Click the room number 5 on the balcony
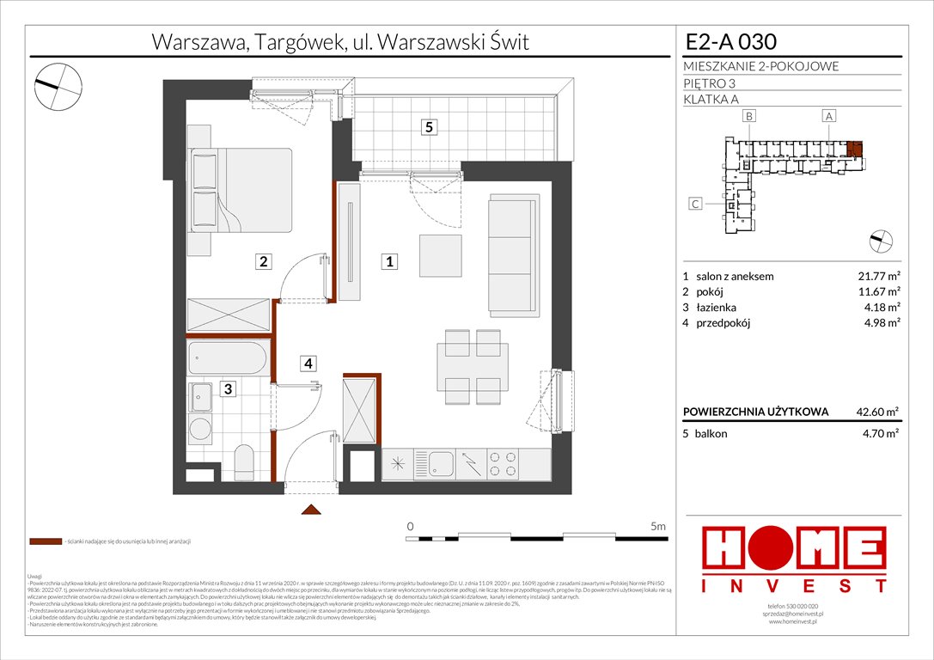pos(430,127)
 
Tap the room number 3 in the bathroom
pos(228,389)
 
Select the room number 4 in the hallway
pos(308,364)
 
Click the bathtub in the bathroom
pos(229,357)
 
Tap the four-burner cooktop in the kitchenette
pos(501,465)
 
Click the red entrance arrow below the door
pos(309,510)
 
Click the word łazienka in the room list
pos(717,308)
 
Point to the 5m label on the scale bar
pos(658,526)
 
